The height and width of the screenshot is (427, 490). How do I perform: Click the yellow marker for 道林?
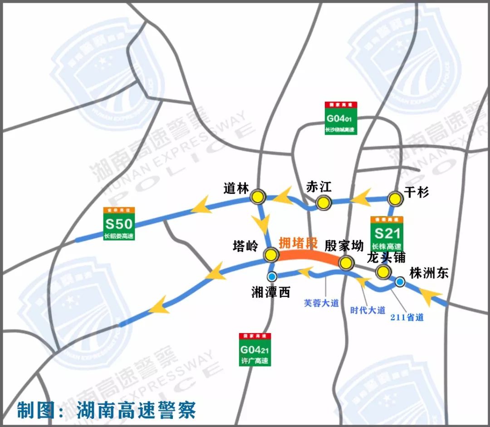(258, 196)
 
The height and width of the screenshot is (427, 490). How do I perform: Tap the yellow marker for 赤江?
(323, 202)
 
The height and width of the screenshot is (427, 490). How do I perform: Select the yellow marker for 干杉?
(395, 198)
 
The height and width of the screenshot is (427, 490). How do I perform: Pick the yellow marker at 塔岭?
(271, 255)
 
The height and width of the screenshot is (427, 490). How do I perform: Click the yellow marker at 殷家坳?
(346, 262)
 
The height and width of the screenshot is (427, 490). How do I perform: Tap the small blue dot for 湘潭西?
(272, 276)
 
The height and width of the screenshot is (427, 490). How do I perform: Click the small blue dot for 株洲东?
(400, 282)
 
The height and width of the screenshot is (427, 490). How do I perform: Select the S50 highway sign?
(119, 224)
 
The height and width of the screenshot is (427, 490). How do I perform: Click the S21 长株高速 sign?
(387, 234)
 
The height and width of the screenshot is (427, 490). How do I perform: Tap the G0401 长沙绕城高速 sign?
(341, 118)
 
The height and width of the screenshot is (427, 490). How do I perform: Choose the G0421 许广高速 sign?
(255, 350)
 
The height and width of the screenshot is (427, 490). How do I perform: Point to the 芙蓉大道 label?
(321, 303)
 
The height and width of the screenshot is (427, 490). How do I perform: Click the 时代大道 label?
(367, 310)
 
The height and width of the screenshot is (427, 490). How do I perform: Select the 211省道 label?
(407, 318)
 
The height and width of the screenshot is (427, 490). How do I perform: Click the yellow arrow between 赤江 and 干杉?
(362, 198)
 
